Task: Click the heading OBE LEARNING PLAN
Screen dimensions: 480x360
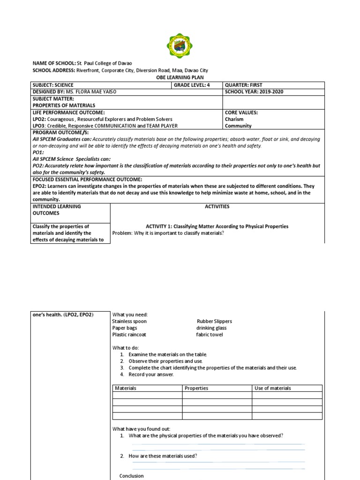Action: pos(180,77)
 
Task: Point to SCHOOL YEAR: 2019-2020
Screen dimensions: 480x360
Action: pos(254,92)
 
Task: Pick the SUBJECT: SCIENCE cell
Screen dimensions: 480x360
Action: pos(53,85)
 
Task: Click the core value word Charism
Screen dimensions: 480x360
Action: pos(234,119)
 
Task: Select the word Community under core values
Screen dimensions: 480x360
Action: pos(238,126)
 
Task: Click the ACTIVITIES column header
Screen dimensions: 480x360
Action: pos(217,206)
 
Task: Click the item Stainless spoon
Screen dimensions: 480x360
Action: pos(129,322)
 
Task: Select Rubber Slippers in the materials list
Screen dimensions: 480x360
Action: pos(214,322)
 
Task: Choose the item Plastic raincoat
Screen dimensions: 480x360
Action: pos(129,335)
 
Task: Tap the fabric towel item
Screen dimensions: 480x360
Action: pos(210,335)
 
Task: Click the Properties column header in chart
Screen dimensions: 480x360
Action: pos(196,388)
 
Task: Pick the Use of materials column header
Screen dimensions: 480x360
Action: pos(272,388)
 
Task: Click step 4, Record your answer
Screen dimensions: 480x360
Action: pos(151,375)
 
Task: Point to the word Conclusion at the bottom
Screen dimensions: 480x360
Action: pos(131,476)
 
